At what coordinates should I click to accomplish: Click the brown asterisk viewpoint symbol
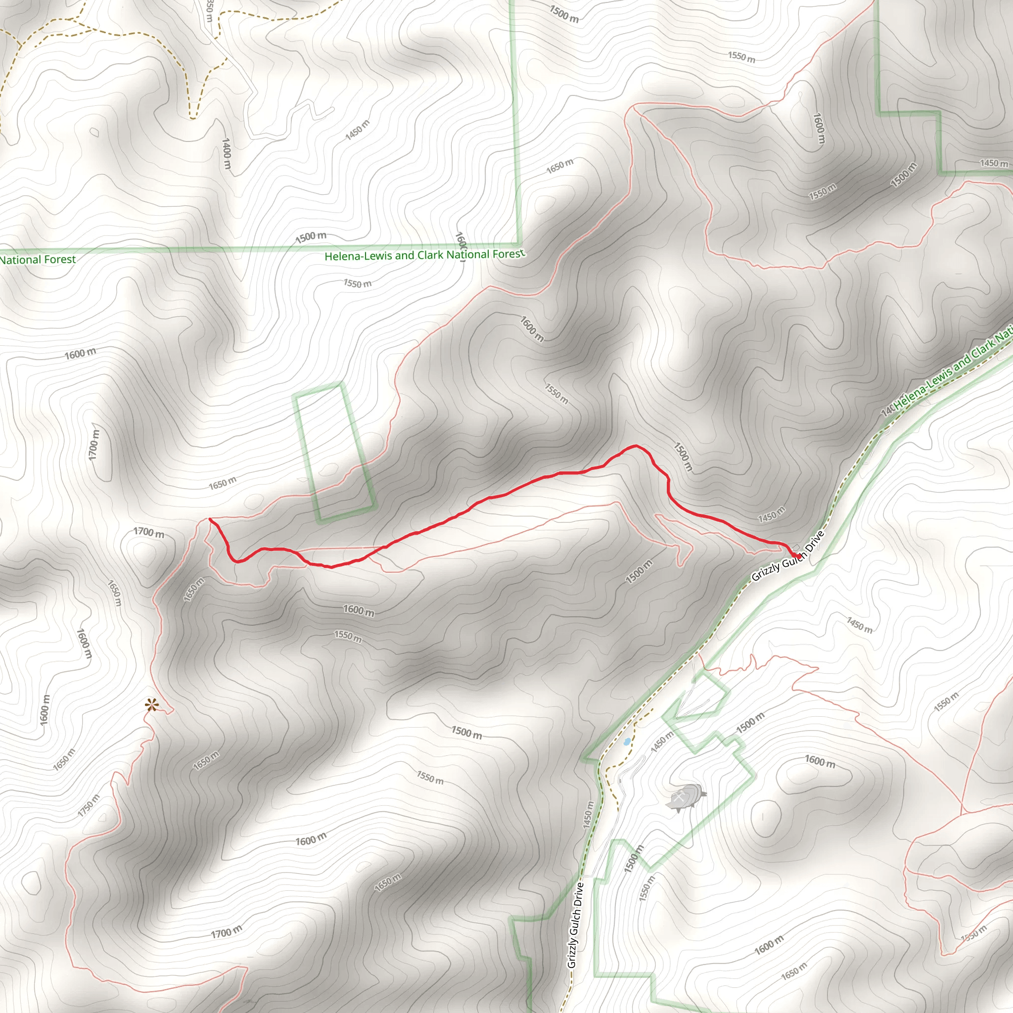click(151, 705)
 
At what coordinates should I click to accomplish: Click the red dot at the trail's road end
click(796, 555)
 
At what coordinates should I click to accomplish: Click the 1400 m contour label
click(227, 153)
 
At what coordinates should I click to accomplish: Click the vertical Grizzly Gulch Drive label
click(575, 925)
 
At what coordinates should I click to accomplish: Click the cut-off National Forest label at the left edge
click(38, 260)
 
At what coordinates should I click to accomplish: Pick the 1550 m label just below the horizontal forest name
click(358, 283)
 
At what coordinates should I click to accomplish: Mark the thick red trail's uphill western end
click(210, 520)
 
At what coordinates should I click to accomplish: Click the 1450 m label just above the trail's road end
click(771, 514)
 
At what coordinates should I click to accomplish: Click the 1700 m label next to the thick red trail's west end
click(148, 533)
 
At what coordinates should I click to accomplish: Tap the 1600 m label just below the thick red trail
click(359, 610)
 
